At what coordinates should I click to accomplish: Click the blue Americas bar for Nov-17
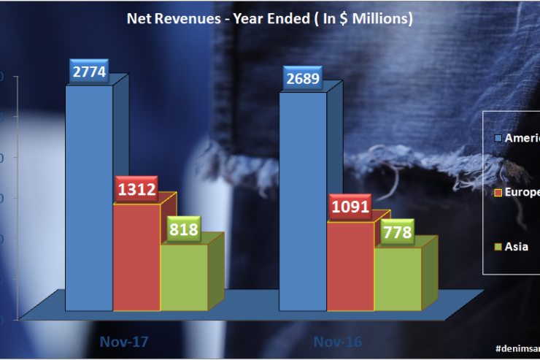pos(89,197)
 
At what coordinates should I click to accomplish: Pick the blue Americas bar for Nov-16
pos(302,204)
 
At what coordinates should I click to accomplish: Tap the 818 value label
pos(183,228)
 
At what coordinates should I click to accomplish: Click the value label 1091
pos(350,206)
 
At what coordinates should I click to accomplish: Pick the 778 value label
pos(398,232)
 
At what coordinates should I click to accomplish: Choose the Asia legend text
pos(518,247)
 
